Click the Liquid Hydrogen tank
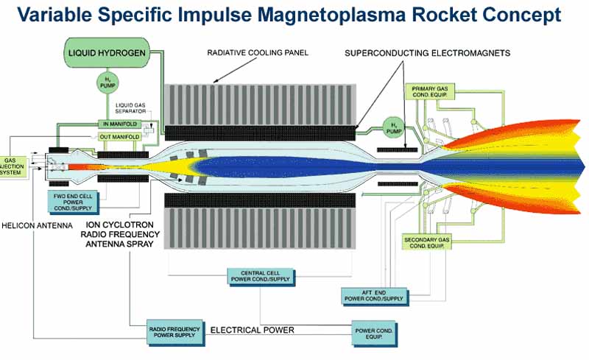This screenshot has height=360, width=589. pyautogui.click(x=107, y=52)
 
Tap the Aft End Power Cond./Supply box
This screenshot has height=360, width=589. pyautogui.click(x=373, y=295)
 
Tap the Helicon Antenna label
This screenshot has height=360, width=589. pyautogui.click(x=32, y=225)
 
